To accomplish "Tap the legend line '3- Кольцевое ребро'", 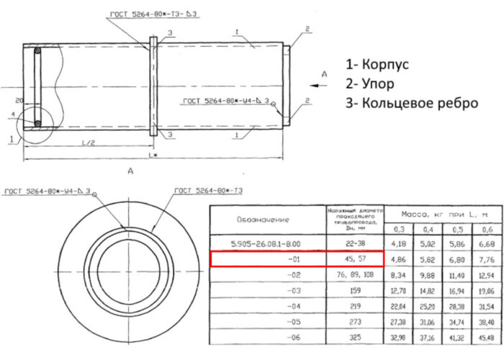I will (411, 103).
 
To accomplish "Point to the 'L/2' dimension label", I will (89, 142).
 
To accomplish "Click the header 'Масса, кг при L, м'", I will (440, 214).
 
